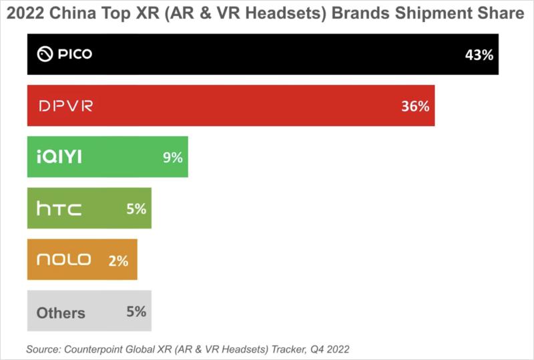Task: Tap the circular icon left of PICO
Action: tap(44, 54)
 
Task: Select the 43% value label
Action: tap(479, 55)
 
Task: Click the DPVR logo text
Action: tap(65, 106)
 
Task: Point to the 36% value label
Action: tap(415, 106)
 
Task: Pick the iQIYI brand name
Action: tap(60, 158)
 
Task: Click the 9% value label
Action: tap(172, 158)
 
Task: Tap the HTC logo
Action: tap(59, 209)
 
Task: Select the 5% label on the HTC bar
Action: tap(136, 209)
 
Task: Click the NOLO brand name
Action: tap(63, 260)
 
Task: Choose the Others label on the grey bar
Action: tap(61, 313)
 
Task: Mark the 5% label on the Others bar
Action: tap(136, 311)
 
